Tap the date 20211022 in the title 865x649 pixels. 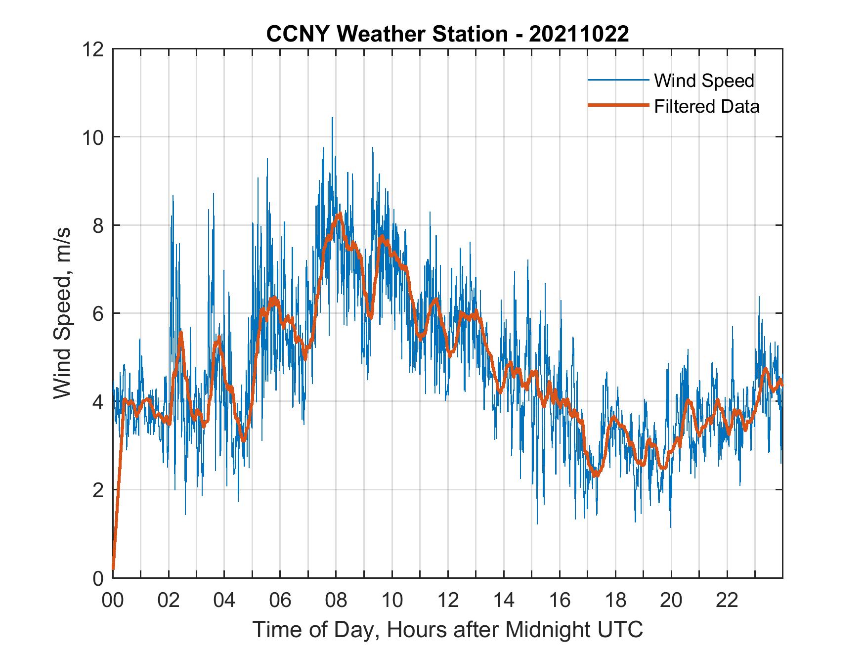pos(579,34)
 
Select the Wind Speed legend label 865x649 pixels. pos(704,81)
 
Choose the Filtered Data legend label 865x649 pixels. pos(706,106)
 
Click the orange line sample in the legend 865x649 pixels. pos(618,105)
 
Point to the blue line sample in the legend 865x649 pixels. pos(618,80)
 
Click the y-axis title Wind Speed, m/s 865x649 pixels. pos(62,313)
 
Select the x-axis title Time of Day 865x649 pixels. pos(447,630)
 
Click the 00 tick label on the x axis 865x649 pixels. pos(113,601)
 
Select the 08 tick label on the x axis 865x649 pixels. pos(336,601)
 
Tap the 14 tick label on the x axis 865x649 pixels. pos(504,601)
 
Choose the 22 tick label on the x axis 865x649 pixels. pos(727,601)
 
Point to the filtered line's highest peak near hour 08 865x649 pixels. pos(340,214)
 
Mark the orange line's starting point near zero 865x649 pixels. pos(113,568)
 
